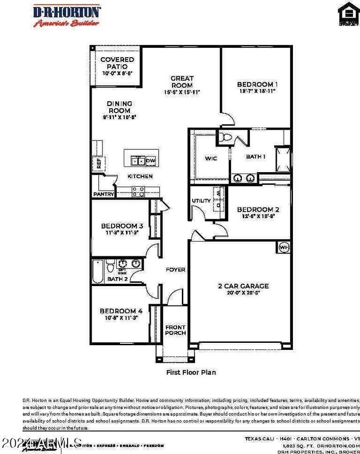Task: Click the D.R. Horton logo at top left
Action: click(66, 15)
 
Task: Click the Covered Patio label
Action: click(117, 63)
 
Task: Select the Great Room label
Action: click(182, 82)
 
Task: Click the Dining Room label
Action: click(119, 107)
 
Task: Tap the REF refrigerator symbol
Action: click(99, 164)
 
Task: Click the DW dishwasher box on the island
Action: click(150, 161)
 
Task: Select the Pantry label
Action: click(103, 194)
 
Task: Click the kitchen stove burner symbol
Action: click(138, 192)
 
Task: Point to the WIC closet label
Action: click(211, 158)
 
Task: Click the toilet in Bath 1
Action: click(226, 138)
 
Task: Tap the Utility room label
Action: click(201, 201)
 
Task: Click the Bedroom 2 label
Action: click(255, 210)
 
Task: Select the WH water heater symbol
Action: click(283, 247)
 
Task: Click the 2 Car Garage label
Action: click(243, 286)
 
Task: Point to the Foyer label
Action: click(175, 270)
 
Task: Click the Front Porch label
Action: click(175, 330)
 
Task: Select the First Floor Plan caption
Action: click(191, 372)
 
